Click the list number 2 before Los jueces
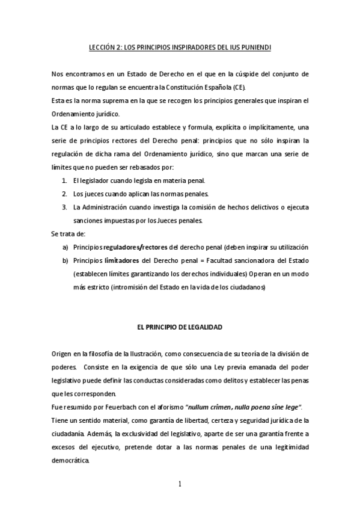[x=64, y=194]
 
